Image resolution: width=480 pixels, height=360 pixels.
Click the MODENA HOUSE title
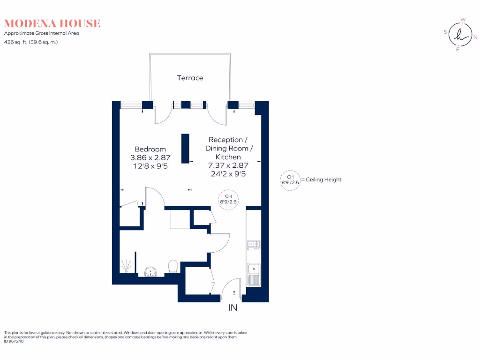click(52, 23)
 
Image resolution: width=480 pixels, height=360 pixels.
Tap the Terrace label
click(190, 78)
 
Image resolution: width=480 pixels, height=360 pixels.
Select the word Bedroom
click(150, 149)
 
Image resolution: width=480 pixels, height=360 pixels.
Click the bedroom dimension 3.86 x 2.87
click(150, 157)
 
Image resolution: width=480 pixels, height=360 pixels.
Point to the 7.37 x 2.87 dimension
click(228, 165)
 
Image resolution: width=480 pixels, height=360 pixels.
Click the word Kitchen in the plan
click(228, 157)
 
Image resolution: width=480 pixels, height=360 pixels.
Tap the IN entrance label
click(232, 307)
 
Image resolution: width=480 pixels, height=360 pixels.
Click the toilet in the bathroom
click(173, 266)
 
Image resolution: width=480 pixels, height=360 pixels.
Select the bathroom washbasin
click(150, 271)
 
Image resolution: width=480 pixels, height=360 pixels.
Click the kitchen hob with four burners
click(254, 245)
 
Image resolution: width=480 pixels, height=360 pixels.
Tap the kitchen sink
click(254, 274)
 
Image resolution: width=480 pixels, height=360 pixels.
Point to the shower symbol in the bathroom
click(126, 265)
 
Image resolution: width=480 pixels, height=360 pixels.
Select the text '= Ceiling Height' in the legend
click(321, 180)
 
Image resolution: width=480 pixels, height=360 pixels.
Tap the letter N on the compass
click(475, 37)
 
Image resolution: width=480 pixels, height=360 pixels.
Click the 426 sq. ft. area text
click(31, 42)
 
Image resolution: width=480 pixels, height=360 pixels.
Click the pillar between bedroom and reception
click(185, 149)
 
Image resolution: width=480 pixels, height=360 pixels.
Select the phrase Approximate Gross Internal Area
click(42, 33)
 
